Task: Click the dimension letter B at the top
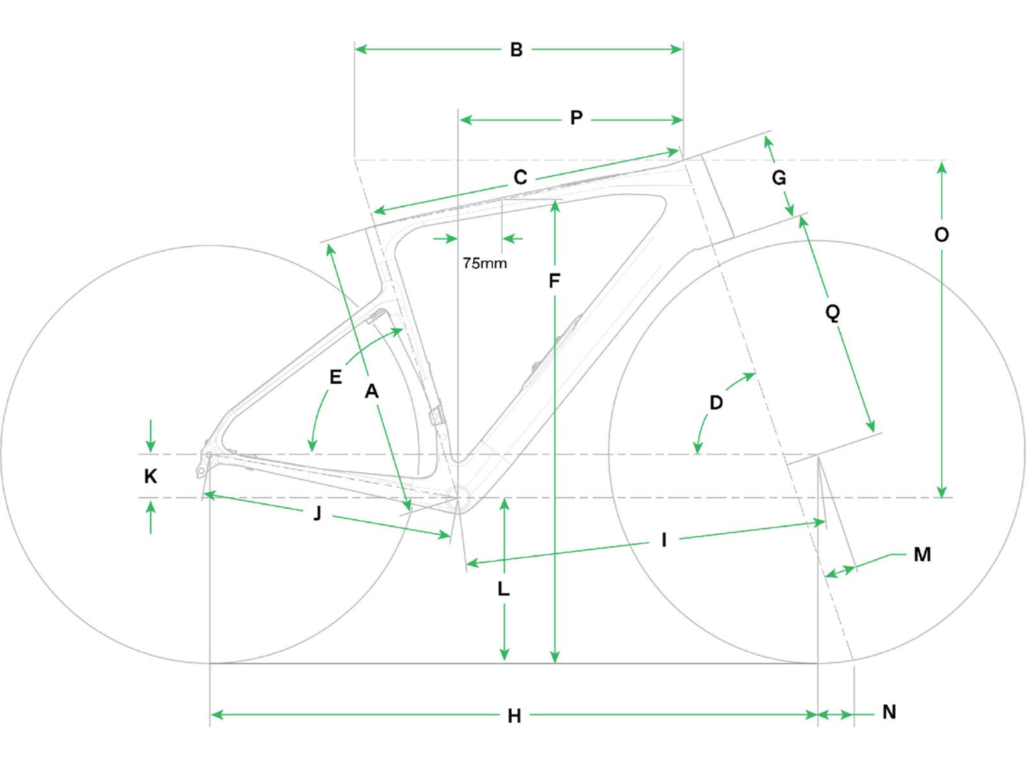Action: [x=516, y=49]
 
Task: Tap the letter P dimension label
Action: [x=576, y=118]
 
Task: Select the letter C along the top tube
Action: [x=520, y=178]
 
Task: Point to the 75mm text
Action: [x=485, y=263]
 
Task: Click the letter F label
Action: [x=555, y=281]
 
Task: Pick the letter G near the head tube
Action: [x=778, y=178]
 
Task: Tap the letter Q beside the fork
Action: [x=832, y=313]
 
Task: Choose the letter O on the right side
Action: [x=941, y=235]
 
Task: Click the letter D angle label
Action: [x=716, y=402]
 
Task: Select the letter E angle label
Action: [x=335, y=377]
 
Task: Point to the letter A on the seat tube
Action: [x=371, y=391]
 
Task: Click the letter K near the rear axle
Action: [x=151, y=476]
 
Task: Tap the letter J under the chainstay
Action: [x=317, y=513]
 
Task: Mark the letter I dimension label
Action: [x=664, y=540]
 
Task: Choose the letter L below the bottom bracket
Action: [x=504, y=589]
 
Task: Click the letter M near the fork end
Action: [x=921, y=554]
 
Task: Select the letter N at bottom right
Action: [x=889, y=712]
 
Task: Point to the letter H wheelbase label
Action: [x=514, y=716]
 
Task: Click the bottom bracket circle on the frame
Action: [x=458, y=497]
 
